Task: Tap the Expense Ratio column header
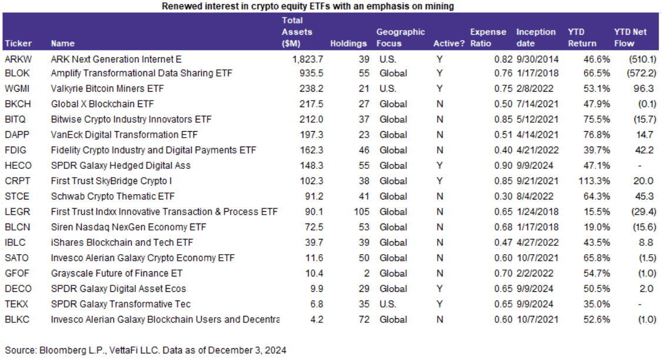pyautogui.click(x=488, y=38)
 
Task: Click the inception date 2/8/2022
pyautogui.click(x=537, y=89)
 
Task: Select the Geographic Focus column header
pyautogui.click(x=400, y=38)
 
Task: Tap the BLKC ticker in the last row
pyautogui.click(x=16, y=319)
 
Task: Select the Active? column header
pyautogui.click(x=449, y=43)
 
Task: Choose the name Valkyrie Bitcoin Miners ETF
pyautogui.click(x=107, y=89)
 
